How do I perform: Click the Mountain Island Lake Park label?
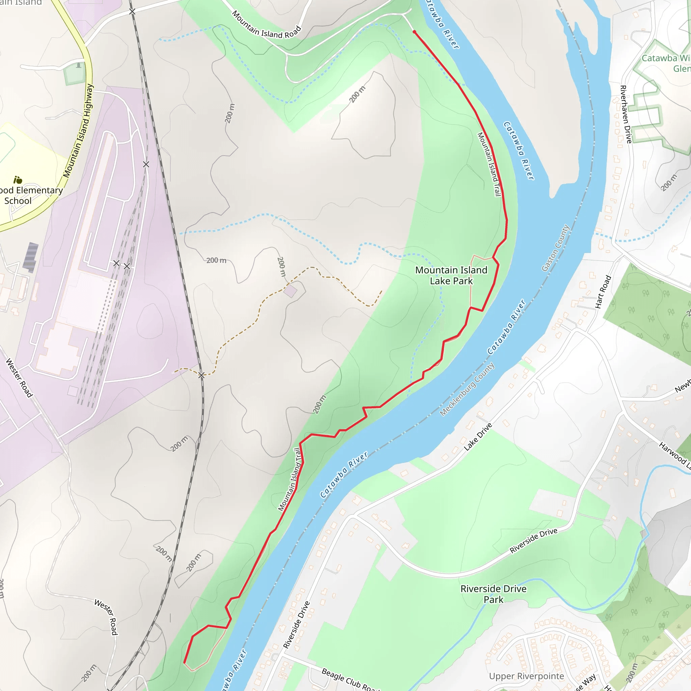[x=451, y=275]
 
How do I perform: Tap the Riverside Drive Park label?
[x=493, y=594]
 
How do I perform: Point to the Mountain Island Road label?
[x=266, y=25]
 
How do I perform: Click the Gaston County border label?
[x=555, y=248]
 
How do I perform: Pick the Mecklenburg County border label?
[x=467, y=389]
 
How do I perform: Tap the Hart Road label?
[x=603, y=292]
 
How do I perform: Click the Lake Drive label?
[x=478, y=436]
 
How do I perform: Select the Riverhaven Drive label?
[x=626, y=114]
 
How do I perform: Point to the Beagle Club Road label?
[x=350, y=680]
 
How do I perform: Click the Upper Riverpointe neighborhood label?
[x=526, y=676]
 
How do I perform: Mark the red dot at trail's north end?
[x=414, y=32]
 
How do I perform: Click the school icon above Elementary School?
[x=18, y=179]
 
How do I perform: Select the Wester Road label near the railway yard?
[x=19, y=378]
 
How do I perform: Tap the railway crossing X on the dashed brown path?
[x=201, y=375]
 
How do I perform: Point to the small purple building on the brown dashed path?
[x=290, y=291]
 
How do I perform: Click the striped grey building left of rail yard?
[x=30, y=257]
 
